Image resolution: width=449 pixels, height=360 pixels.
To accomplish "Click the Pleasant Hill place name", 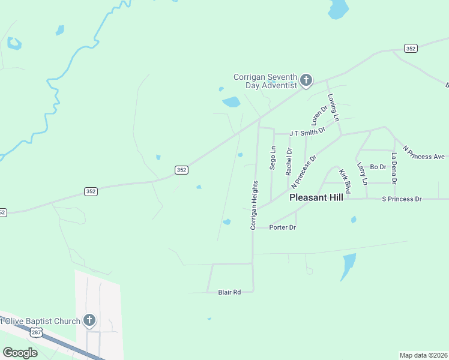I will coord(316,197).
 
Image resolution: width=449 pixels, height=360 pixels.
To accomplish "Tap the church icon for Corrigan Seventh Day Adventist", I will coord(306,80).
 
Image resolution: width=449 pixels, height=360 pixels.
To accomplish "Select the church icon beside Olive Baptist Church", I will coord(89,320).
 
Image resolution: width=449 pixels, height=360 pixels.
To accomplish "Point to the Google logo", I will coord(20,353).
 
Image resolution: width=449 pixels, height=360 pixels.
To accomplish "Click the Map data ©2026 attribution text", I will coord(424,355).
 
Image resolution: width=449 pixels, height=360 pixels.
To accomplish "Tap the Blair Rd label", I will coord(229,292).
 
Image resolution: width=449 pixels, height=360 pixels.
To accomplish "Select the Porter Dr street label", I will coord(283,227).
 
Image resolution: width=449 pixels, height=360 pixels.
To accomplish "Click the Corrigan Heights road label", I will coord(254,205).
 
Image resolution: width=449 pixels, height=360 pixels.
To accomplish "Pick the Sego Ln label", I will coord(273,158).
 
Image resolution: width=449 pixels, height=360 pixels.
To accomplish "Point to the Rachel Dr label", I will coord(289,161).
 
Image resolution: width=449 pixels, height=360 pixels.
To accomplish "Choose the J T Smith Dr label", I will coord(307,131).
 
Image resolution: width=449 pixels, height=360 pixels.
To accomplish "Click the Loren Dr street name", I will coord(319,115).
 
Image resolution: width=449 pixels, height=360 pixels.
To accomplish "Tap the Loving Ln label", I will coord(333,106).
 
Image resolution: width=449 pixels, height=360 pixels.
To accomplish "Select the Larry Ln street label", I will coord(361,173).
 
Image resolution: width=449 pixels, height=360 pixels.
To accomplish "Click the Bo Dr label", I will coord(378,167).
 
